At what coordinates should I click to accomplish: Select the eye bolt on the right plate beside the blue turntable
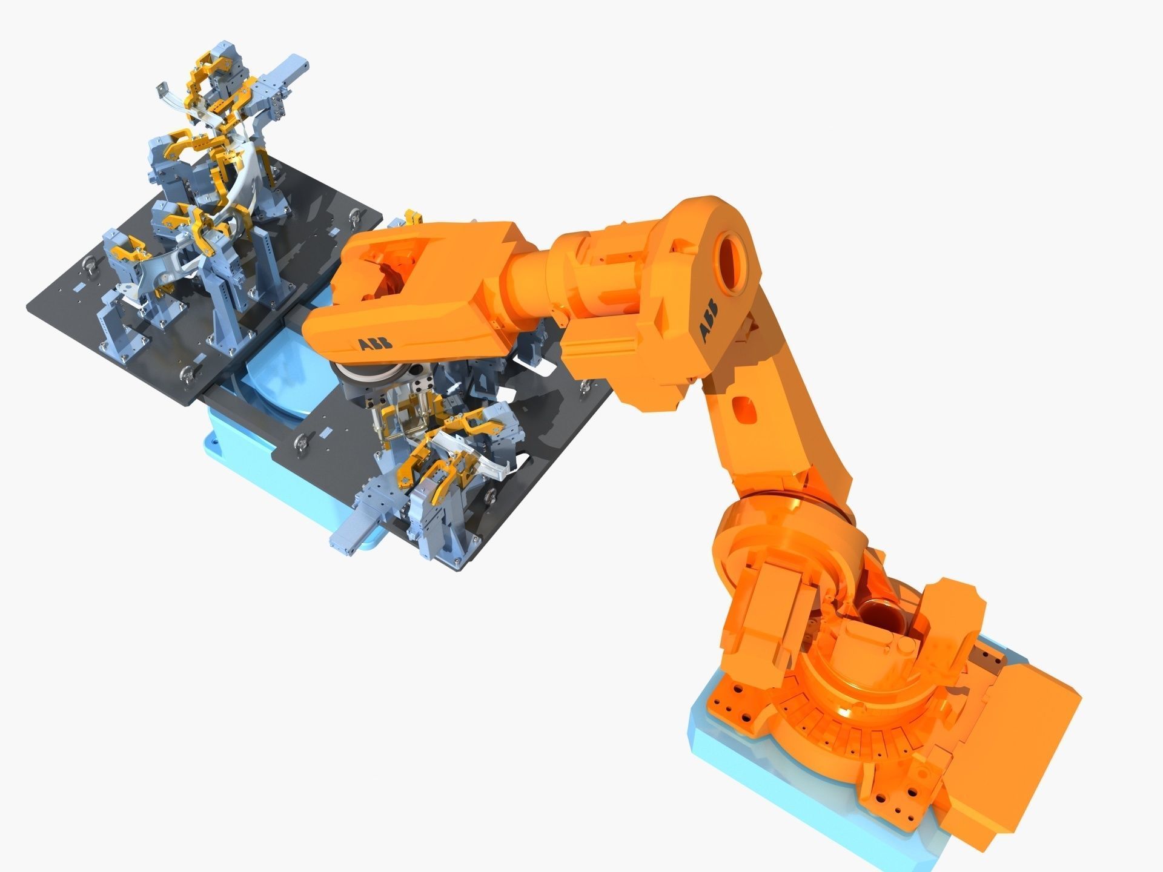(299, 446)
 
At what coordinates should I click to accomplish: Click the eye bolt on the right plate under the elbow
(585, 386)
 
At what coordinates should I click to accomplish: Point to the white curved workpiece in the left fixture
(242, 182)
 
